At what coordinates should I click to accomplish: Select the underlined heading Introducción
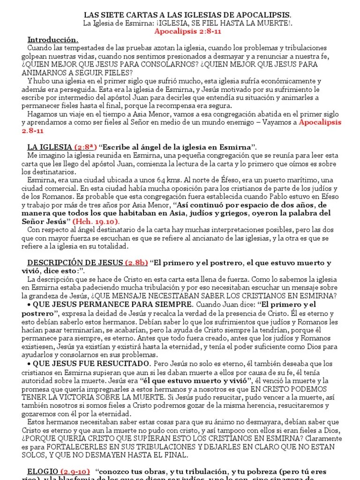(x=53, y=39)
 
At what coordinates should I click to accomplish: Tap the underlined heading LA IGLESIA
(x=49, y=147)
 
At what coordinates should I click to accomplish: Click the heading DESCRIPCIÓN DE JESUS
(x=75, y=262)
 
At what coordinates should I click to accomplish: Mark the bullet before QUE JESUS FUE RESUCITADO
(x=29, y=364)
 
